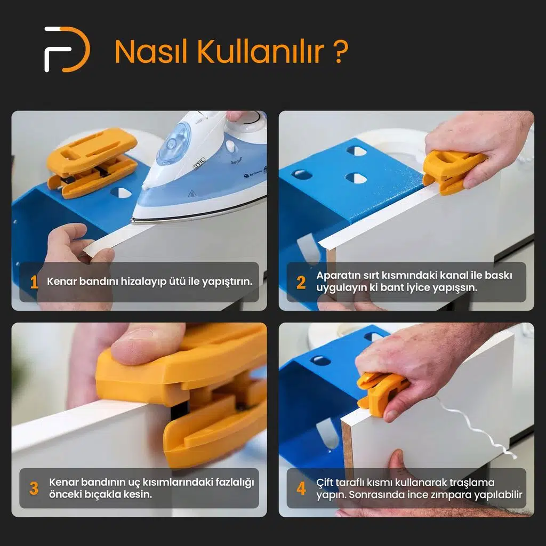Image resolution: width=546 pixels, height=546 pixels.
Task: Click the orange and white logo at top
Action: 67,50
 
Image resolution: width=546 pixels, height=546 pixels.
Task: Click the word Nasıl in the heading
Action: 151,52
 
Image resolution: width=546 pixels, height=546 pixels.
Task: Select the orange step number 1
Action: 34,282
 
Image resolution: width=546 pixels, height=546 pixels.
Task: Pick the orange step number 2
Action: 301,283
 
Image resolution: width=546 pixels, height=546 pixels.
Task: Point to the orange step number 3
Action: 34,488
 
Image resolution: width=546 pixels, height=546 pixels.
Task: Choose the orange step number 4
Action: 301,488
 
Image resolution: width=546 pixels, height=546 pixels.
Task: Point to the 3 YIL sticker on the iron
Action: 199,163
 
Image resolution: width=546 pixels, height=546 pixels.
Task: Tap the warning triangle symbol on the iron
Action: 191,193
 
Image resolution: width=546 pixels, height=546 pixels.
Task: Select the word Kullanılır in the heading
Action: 260,52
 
